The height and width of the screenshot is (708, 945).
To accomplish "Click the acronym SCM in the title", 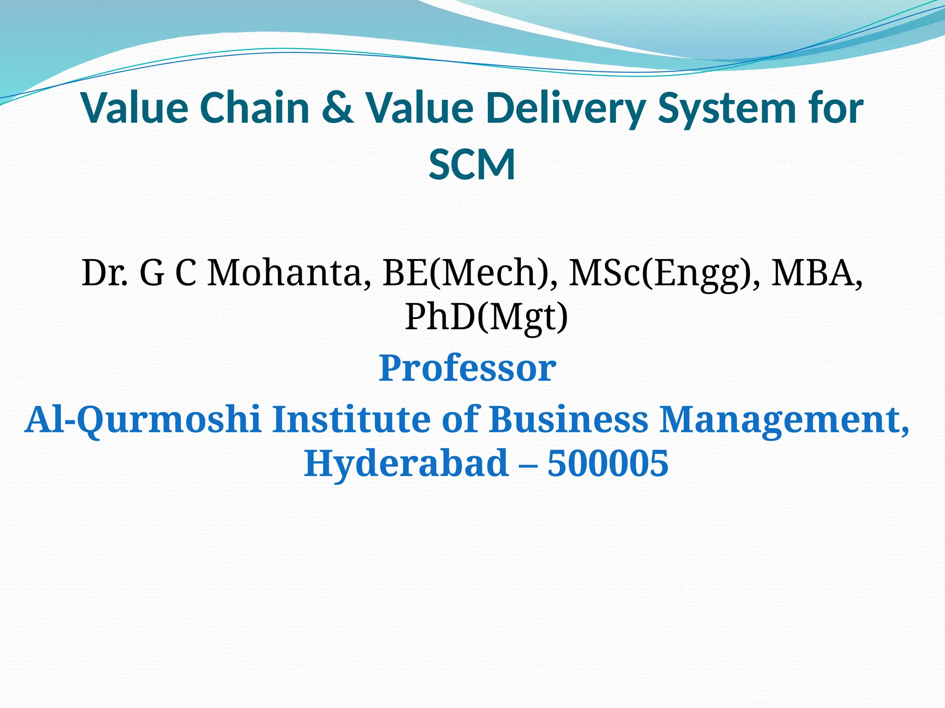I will coord(472,165).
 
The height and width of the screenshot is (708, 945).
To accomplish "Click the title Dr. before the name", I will coord(104,273).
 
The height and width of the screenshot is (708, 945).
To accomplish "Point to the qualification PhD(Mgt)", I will coord(486,318).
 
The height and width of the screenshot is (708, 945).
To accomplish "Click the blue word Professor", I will coord(467,368).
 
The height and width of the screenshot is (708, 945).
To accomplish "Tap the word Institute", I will coord(353,419).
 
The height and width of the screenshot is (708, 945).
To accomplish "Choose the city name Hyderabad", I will coord(406,464).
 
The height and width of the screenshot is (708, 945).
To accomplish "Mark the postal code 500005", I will coord(608,463).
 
